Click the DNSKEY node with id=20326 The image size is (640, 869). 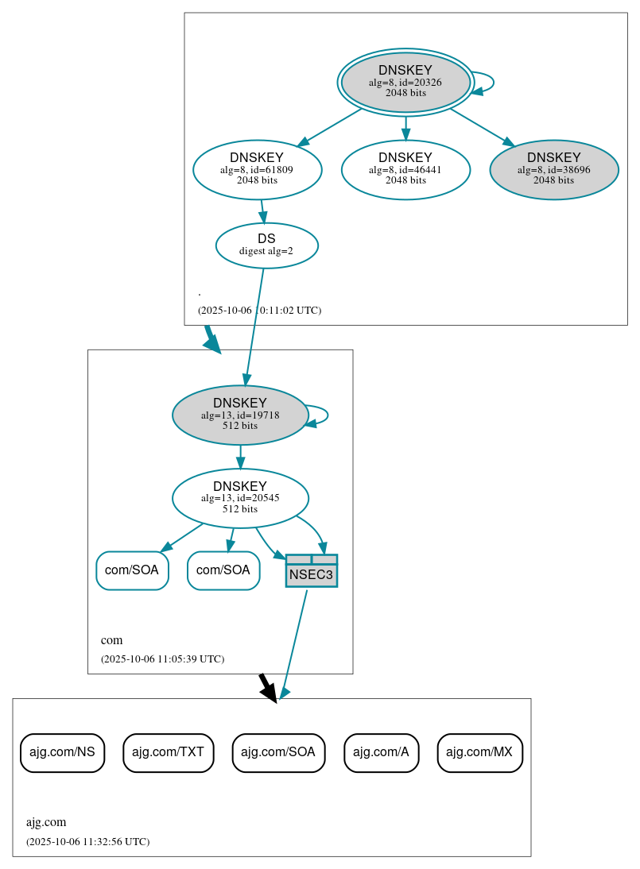click(x=405, y=82)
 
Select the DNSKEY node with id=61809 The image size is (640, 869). click(x=257, y=169)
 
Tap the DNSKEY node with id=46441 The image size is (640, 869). click(x=405, y=169)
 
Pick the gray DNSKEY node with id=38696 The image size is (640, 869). click(x=554, y=169)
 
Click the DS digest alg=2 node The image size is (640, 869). click(x=266, y=245)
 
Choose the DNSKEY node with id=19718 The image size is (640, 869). click(x=240, y=415)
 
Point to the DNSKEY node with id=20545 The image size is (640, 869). click(x=240, y=498)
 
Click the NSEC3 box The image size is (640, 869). click(x=312, y=571)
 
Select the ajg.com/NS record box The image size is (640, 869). click(x=62, y=751)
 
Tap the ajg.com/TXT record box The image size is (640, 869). click(x=169, y=751)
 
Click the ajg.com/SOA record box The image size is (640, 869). click(x=278, y=751)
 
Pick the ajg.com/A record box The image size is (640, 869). click(x=381, y=751)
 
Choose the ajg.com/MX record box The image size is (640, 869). click(x=479, y=751)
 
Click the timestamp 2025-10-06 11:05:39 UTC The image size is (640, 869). click(x=162, y=659)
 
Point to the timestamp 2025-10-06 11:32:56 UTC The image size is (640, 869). click(x=87, y=841)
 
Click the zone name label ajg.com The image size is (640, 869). click(x=46, y=822)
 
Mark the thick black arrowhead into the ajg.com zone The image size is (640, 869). click(x=269, y=691)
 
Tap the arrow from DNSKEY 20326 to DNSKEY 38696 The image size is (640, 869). click(x=480, y=126)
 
